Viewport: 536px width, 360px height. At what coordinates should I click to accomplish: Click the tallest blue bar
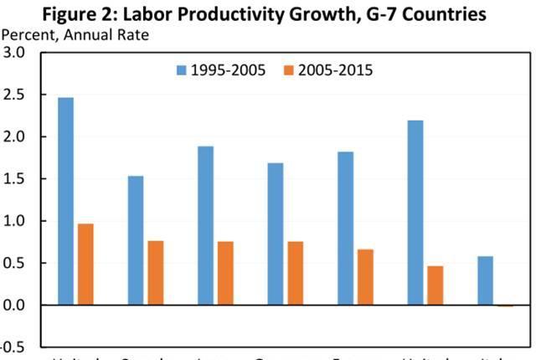(65, 201)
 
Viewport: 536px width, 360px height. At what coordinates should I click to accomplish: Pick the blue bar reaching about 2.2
(415, 213)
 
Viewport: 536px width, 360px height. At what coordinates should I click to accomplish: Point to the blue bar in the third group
(205, 225)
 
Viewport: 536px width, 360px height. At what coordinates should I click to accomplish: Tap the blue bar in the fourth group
(275, 234)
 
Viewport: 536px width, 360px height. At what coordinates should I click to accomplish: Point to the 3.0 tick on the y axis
(16, 53)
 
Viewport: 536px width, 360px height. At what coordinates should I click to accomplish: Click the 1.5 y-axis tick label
(16, 179)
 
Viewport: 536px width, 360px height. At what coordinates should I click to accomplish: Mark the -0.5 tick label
(14, 347)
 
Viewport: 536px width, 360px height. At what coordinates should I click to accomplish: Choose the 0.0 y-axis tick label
(16, 306)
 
